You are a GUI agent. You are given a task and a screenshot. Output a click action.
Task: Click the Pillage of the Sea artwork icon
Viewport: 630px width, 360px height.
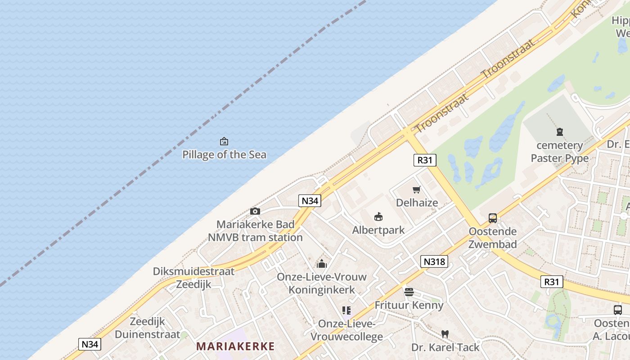click(x=224, y=142)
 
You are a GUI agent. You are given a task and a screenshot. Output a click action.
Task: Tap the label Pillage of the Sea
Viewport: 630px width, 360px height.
click(x=224, y=155)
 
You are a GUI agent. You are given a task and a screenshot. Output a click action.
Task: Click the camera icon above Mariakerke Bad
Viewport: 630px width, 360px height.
click(x=255, y=211)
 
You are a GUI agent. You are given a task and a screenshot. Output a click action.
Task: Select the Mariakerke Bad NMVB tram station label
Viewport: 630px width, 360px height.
click(x=255, y=231)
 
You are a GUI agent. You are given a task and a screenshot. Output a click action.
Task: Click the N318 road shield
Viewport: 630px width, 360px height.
click(x=434, y=261)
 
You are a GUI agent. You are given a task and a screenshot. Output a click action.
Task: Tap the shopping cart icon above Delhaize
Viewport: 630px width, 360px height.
click(x=417, y=190)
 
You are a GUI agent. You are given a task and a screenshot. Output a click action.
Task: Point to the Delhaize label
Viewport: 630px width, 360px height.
click(x=417, y=202)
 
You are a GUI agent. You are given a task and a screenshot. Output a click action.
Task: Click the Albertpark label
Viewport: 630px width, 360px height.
click(x=378, y=230)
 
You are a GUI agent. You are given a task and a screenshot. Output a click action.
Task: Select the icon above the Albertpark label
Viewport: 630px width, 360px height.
click(x=378, y=217)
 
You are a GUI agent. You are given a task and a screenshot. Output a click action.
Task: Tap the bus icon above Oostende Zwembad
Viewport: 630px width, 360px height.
click(x=493, y=218)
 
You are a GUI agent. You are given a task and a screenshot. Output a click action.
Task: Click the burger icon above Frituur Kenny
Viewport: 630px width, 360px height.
click(x=409, y=292)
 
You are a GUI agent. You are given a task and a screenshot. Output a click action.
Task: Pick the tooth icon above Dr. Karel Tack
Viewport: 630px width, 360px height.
click(x=445, y=334)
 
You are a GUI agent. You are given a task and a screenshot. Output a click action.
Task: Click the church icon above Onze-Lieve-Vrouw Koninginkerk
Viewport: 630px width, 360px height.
click(x=321, y=264)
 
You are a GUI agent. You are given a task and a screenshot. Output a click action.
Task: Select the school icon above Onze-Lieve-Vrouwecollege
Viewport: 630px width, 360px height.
click(x=346, y=310)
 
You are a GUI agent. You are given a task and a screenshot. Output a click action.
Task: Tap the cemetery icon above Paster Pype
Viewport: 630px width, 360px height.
click(x=559, y=132)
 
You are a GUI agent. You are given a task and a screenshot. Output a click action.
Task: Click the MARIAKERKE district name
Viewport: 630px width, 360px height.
click(x=235, y=346)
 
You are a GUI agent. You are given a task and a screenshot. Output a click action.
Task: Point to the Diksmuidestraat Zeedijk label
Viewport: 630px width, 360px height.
click(x=193, y=278)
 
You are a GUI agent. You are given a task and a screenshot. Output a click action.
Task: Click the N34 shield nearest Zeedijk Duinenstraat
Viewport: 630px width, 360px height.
click(x=90, y=344)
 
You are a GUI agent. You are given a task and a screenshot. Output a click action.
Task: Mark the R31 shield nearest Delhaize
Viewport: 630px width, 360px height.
click(x=425, y=160)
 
